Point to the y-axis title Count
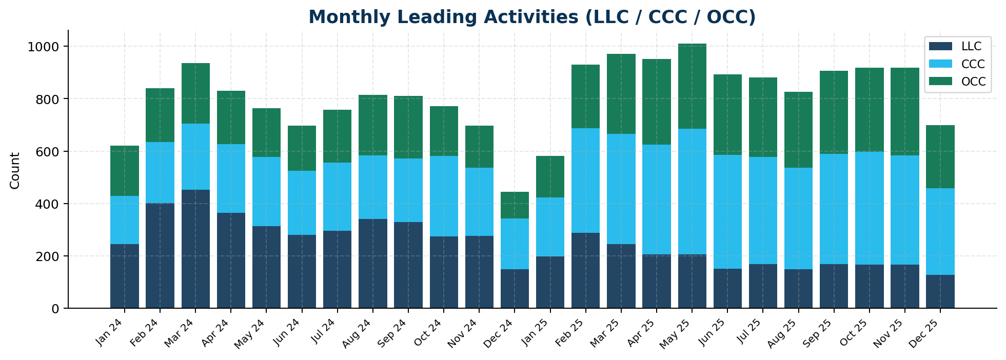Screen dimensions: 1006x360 [x=15, y=170]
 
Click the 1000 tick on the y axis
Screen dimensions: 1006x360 [x=46, y=47]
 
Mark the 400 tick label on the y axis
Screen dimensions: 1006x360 [x=50, y=204]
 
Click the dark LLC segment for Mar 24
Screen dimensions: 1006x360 [x=195, y=249]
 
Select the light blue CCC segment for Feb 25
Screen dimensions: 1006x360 [x=585, y=181]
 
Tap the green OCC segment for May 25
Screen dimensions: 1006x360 [x=692, y=86]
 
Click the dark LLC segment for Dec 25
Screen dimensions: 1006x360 [x=940, y=292]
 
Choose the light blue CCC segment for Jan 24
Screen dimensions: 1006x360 [x=125, y=220]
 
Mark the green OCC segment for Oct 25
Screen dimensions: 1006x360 [x=870, y=110]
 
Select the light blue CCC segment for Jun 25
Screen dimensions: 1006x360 [x=727, y=212]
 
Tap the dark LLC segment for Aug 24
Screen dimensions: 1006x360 [x=373, y=264]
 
